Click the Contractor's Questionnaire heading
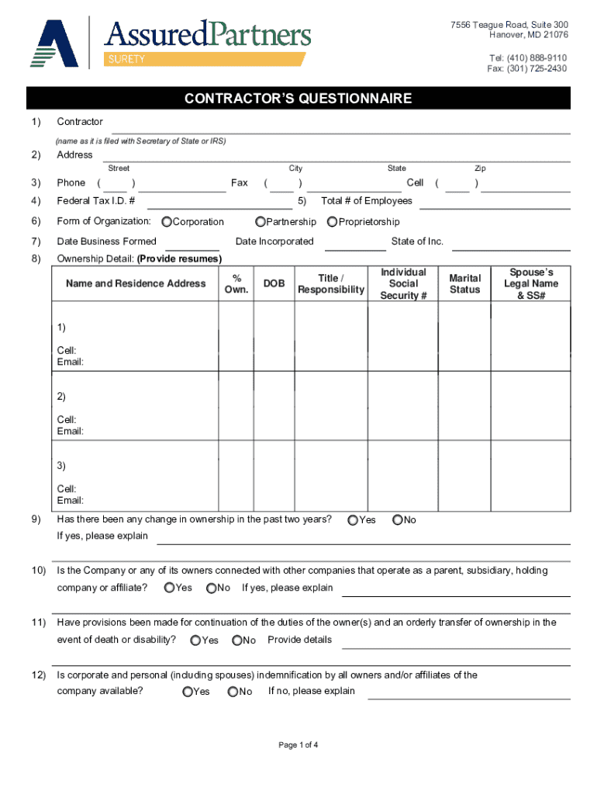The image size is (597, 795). click(x=298, y=99)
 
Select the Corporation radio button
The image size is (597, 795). click(x=167, y=222)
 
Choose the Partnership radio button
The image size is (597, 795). click(x=261, y=222)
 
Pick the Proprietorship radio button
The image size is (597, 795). click(x=333, y=222)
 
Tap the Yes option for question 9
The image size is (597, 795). click(x=354, y=520)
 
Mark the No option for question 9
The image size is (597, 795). click(x=398, y=520)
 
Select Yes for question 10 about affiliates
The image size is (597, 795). click(x=170, y=588)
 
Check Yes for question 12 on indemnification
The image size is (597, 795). click(x=188, y=692)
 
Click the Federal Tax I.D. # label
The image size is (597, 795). click(x=96, y=201)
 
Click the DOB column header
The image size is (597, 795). click(x=274, y=284)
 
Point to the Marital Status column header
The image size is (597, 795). click(x=465, y=284)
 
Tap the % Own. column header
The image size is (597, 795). click(x=236, y=284)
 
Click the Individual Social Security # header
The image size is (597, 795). click(x=403, y=284)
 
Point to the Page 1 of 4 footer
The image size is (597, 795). click(x=298, y=745)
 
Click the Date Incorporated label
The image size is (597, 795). click(x=274, y=241)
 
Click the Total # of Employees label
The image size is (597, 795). click(x=367, y=201)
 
